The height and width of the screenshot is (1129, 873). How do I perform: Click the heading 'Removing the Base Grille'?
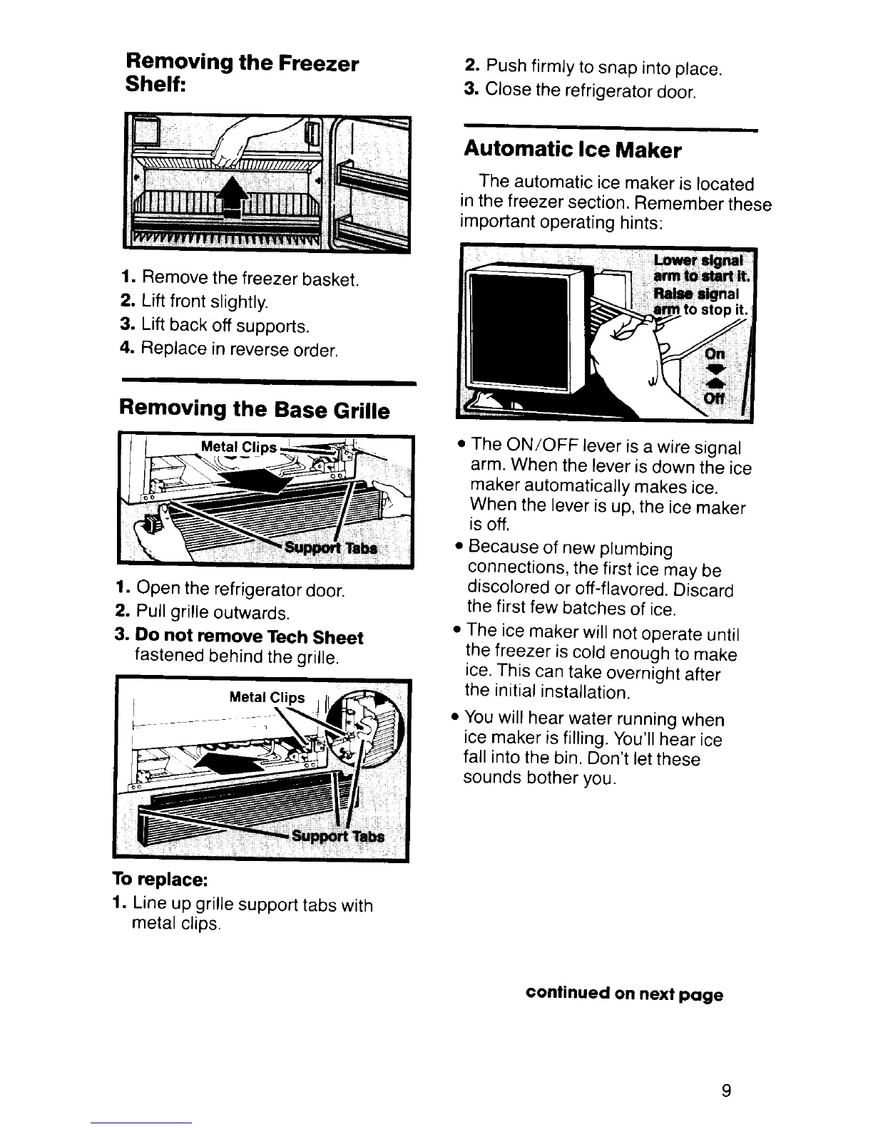click(255, 410)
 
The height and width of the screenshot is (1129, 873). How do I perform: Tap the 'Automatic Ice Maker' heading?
click(572, 150)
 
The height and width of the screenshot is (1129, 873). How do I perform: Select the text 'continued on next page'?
click(624, 994)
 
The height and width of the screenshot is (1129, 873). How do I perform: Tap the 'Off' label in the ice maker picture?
click(714, 399)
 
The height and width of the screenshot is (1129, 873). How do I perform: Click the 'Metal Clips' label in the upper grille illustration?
click(238, 448)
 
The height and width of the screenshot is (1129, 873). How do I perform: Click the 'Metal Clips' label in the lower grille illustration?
click(267, 697)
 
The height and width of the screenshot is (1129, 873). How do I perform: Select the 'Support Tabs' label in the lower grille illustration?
click(337, 836)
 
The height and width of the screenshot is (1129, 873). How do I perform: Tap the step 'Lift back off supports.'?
click(215, 326)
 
